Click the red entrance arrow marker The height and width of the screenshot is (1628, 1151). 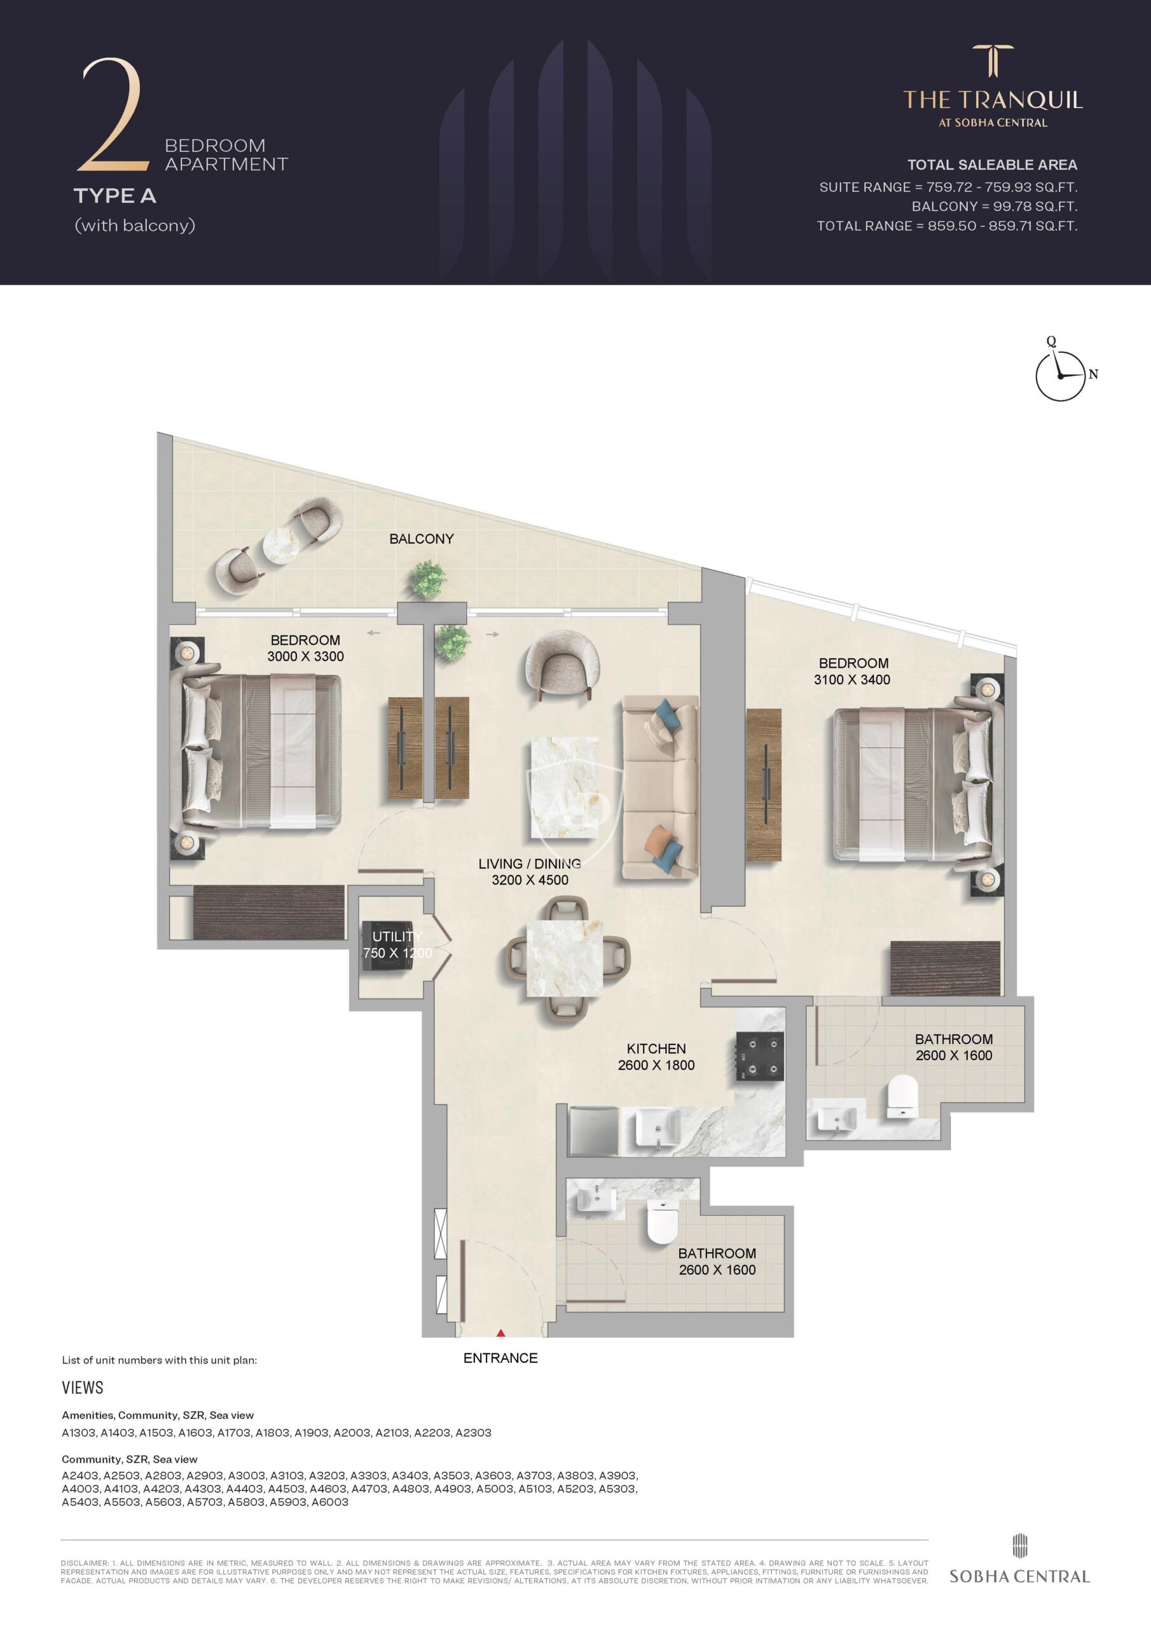(500, 1333)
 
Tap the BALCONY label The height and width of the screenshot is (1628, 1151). (421, 539)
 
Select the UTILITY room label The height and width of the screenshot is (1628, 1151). (397, 937)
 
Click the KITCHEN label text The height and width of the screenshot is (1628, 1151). (656, 1049)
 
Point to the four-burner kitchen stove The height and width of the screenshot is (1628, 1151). (759, 1056)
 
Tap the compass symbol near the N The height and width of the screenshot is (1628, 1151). (1060, 376)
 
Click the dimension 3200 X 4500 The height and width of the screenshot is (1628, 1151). (530, 880)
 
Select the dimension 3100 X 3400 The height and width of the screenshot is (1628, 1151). (851, 679)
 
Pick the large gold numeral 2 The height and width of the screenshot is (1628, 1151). (113, 116)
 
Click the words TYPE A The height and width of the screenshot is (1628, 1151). (115, 196)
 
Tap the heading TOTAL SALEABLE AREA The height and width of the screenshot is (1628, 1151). (992, 165)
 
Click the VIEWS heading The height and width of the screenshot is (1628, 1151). (82, 1388)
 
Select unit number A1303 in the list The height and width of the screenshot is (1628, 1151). (79, 1433)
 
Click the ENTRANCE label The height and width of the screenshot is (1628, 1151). (500, 1358)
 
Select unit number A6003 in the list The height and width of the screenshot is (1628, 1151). (330, 1502)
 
